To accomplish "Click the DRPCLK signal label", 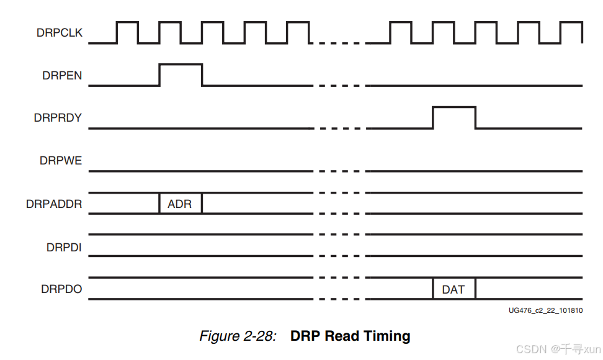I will coord(60,34).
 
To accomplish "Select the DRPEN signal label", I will coord(62,75).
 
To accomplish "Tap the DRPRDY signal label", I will coord(58,117).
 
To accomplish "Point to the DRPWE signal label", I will coord(61,160).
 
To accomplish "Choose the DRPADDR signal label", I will coord(54,204).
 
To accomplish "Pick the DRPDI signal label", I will coord(64,246).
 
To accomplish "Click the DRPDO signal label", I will coord(61,289).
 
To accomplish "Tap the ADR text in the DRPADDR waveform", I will coord(180,204).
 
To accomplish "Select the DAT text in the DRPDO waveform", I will coord(453,289).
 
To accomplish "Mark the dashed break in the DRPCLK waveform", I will coord(339,43).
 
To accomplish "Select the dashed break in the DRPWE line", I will coord(339,171).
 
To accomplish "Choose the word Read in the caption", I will coord(342,336).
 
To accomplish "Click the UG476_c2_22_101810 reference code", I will coord(545,310).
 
